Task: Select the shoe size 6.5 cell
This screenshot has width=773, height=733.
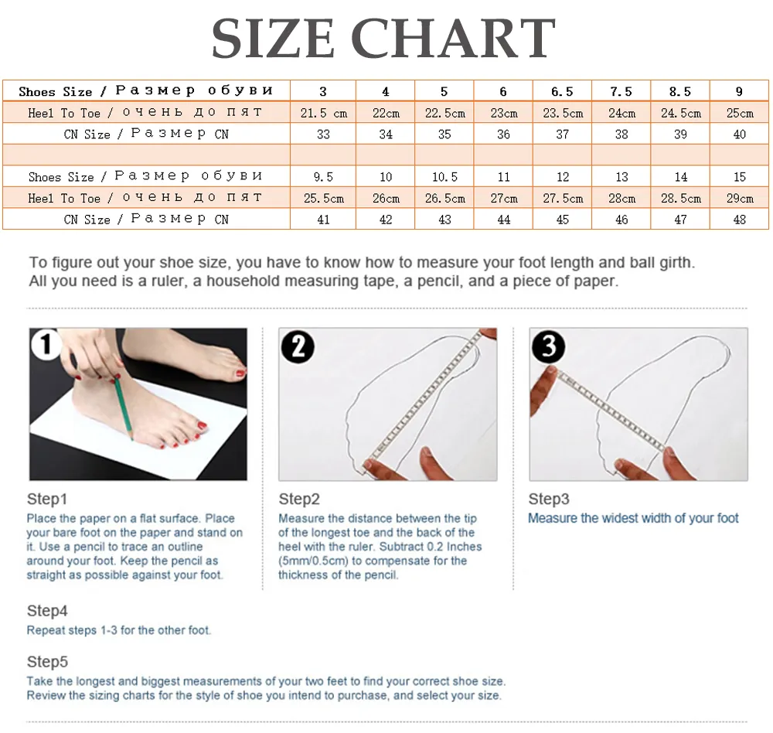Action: (x=562, y=91)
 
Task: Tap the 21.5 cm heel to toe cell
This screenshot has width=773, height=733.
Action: (x=323, y=113)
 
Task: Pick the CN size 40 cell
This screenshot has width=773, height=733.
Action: (x=739, y=135)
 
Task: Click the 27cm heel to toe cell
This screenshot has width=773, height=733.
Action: (x=503, y=198)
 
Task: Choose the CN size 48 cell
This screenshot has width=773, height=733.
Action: (x=739, y=220)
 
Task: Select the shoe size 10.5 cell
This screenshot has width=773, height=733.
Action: (x=444, y=176)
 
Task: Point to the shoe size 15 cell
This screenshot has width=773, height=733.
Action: (x=739, y=176)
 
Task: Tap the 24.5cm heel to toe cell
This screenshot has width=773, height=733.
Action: (x=680, y=113)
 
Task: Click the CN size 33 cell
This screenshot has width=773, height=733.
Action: (x=323, y=135)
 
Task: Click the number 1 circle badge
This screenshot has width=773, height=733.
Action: (x=46, y=344)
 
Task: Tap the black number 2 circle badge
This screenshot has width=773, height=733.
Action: (x=298, y=346)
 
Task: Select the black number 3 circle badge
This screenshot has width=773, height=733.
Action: (x=549, y=346)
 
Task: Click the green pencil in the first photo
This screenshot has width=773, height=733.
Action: (x=124, y=407)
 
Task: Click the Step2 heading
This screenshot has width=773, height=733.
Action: (x=299, y=499)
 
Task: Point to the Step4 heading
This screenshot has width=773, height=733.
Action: (x=47, y=611)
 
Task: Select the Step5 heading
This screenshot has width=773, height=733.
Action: (x=47, y=662)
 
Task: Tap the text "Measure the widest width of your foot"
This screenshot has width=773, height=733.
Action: (x=633, y=518)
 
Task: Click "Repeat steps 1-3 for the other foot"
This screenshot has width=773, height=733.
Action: (x=118, y=630)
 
